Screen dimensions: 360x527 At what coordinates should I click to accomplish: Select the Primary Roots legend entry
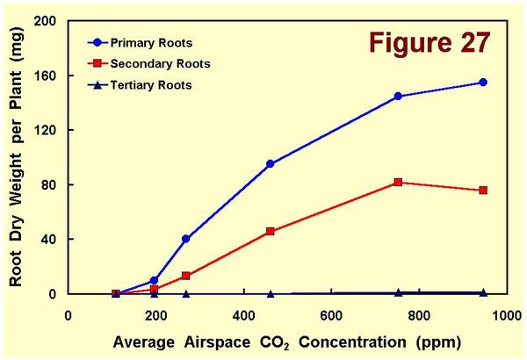(x=150, y=42)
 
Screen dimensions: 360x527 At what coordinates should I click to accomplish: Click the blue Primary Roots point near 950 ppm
(x=483, y=83)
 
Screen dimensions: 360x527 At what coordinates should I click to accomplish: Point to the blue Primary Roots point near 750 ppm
(x=398, y=96)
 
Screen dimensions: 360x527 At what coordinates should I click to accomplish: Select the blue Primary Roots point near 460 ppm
(x=270, y=164)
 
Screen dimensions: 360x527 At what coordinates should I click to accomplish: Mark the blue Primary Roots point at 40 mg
(x=185, y=239)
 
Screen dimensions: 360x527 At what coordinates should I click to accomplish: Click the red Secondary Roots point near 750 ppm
(x=398, y=182)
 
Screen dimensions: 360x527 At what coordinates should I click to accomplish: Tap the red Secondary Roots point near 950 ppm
(x=483, y=191)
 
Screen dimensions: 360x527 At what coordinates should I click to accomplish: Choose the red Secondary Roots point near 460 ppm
(x=270, y=232)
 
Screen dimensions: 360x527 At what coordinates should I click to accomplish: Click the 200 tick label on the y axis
(x=50, y=21)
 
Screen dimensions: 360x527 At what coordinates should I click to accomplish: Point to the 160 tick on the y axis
(x=50, y=76)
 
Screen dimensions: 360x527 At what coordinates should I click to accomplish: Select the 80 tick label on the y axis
(x=54, y=184)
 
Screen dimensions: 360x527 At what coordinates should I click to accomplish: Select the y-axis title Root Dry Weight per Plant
(x=17, y=157)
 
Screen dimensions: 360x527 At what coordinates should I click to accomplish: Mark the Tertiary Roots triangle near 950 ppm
(x=483, y=292)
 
